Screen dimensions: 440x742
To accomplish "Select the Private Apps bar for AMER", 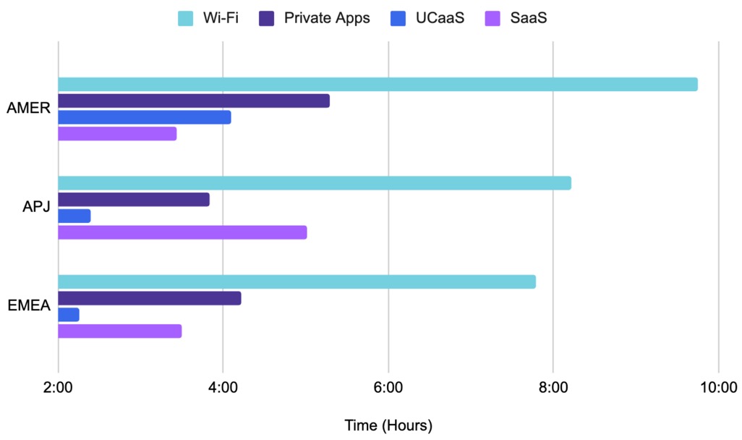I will pos(194,101).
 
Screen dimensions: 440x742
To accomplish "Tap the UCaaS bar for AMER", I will pos(145,117).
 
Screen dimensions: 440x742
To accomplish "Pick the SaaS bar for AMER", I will pos(117,134).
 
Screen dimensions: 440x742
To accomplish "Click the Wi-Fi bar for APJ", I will pos(315,183).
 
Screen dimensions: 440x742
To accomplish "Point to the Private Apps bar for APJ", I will pos(134,200).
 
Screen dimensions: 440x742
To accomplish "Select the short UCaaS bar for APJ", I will pos(74,216).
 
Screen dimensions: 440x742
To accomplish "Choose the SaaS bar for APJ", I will pos(182,232).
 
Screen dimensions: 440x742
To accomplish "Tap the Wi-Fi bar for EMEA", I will pos(297,282).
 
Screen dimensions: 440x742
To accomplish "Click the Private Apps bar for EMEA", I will pos(150,298).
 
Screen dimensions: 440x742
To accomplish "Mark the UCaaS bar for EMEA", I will pos(69,315).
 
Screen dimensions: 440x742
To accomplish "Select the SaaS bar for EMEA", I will pos(120,331).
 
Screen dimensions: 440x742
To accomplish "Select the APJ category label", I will pos(35,207).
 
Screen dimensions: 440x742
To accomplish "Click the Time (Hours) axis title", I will pos(388,425).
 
